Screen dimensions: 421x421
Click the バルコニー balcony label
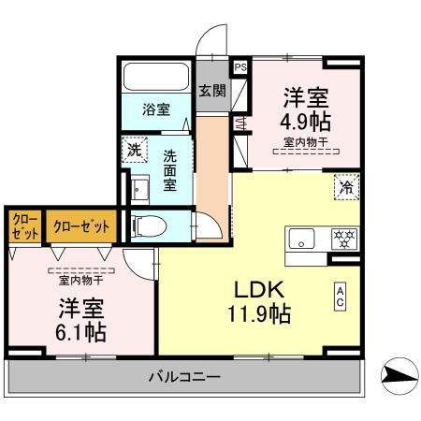tap(183, 377)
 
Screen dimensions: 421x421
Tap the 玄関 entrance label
tap(212, 91)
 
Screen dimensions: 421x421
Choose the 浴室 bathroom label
tap(155, 109)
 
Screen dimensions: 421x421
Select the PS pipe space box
tap(240, 67)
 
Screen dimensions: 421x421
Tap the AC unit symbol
tap(341, 298)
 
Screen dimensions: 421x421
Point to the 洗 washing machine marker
tap(134, 150)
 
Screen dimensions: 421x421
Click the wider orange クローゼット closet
tap(81, 226)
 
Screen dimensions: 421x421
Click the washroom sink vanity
tap(139, 191)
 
